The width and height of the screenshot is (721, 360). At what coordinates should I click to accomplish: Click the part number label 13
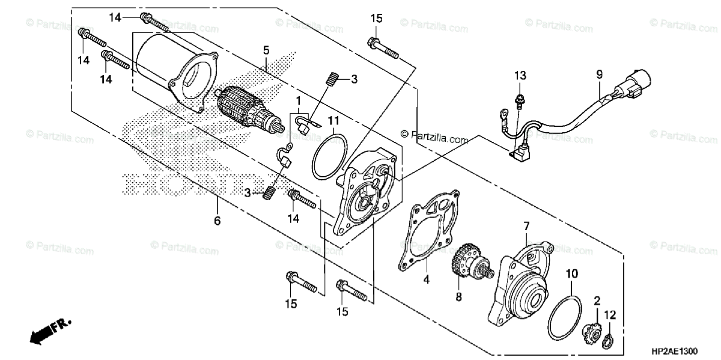[519, 75]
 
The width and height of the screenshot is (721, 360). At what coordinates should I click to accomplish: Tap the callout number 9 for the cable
[598, 75]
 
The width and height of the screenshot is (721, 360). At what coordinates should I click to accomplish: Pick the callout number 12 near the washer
[610, 314]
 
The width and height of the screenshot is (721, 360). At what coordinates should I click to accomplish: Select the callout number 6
[217, 221]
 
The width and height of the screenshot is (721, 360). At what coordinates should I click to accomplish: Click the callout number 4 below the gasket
[425, 279]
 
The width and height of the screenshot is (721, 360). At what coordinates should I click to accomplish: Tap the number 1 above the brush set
[298, 99]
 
